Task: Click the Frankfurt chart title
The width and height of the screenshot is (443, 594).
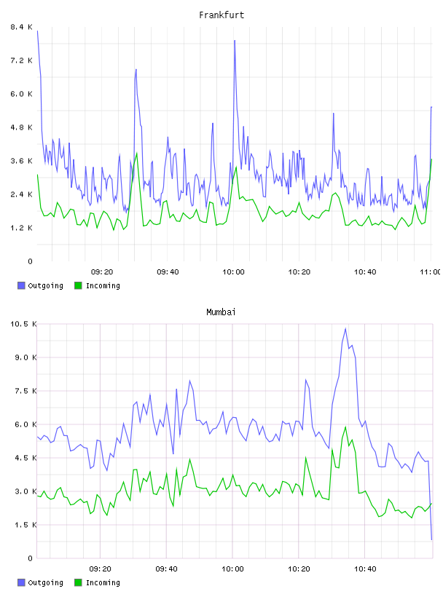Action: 221,15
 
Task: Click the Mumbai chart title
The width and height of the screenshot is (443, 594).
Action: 221,312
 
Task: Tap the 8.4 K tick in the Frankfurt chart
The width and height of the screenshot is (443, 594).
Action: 22,27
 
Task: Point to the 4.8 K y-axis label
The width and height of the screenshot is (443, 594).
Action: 22,127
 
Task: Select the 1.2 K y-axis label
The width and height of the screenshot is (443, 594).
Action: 22,228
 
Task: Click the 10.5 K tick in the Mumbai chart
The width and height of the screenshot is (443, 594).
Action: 23,324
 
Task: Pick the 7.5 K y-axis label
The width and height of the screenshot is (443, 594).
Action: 26,391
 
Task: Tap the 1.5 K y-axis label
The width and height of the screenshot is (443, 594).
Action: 26,525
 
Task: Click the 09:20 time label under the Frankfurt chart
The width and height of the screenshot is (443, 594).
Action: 102,272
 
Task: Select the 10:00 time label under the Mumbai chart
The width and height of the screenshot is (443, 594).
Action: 232,569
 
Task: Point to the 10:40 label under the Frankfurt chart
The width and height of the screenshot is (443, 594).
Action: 365,272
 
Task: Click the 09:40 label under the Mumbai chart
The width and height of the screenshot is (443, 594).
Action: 167,569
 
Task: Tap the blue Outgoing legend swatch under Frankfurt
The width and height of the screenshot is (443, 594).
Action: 21,285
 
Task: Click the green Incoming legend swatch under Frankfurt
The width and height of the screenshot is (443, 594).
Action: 78,285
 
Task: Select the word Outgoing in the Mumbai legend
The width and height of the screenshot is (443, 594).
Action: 45,582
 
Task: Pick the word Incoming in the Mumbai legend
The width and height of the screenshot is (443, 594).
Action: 103,582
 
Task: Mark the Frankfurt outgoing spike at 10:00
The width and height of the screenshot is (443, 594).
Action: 235,41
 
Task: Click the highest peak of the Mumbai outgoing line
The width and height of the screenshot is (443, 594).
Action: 345,329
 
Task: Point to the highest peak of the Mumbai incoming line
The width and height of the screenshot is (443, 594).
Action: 345,427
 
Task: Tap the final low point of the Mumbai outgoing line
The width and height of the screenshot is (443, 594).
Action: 431,539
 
